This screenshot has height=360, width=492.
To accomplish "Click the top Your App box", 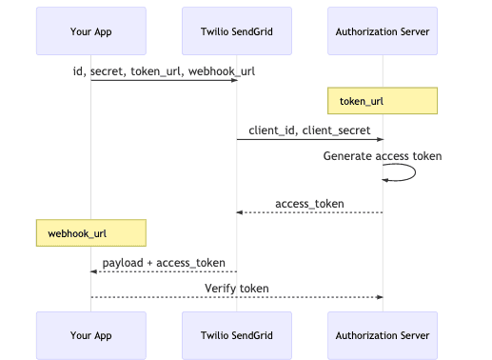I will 91,31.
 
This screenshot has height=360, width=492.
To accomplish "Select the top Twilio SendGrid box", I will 237,31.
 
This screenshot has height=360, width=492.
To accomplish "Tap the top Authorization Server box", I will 383,31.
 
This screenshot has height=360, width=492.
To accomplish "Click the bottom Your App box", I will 91,335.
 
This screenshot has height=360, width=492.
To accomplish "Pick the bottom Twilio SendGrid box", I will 237,335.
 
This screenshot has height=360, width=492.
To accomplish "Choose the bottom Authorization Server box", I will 383,335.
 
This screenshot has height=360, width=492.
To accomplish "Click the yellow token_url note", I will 383,101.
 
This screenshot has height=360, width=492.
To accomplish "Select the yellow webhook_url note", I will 91,232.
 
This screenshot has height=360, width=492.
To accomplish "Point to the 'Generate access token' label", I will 383,156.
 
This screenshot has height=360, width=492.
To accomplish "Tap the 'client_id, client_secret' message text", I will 309,130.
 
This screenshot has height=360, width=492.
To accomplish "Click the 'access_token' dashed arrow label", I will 309,203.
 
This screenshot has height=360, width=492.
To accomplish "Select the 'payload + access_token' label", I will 164,262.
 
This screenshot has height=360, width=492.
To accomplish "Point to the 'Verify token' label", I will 237,288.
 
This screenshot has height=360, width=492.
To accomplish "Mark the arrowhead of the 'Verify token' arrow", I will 379,297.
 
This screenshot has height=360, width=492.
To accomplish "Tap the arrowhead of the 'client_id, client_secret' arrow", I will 379,140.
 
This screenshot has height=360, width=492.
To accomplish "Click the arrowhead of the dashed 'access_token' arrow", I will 241,213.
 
